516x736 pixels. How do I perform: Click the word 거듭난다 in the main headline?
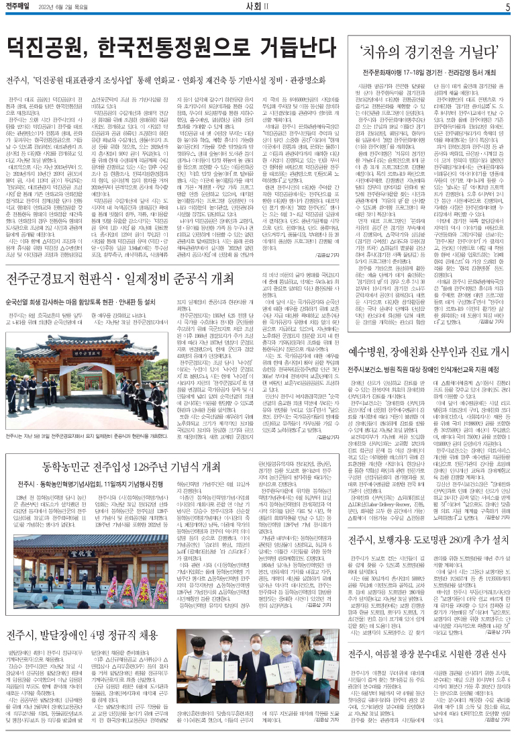pyautogui.click(x=305, y=48)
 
